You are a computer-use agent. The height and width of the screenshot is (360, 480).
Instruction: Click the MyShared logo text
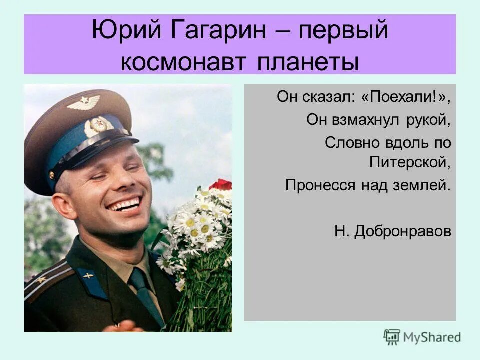432,337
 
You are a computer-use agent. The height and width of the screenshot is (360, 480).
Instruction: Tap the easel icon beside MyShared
392,337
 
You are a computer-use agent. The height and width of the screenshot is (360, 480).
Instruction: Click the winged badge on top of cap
83,102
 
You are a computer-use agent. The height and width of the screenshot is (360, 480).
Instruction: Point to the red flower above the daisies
222,185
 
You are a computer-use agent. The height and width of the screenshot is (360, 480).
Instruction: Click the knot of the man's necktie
138,278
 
